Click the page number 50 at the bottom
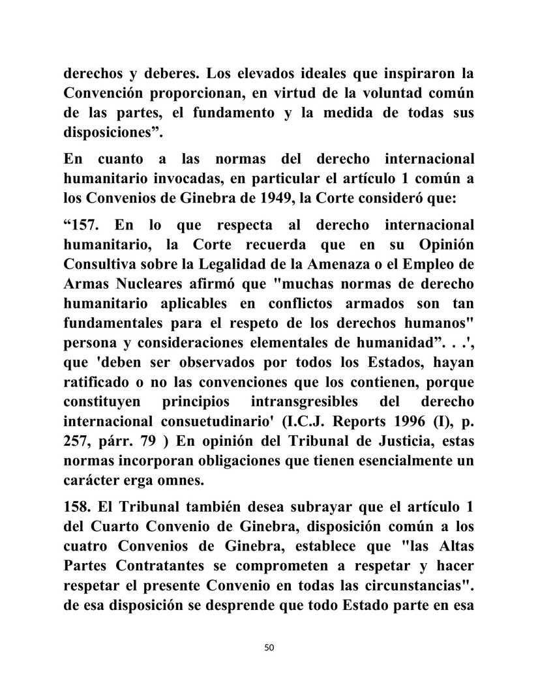point(269,647)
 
